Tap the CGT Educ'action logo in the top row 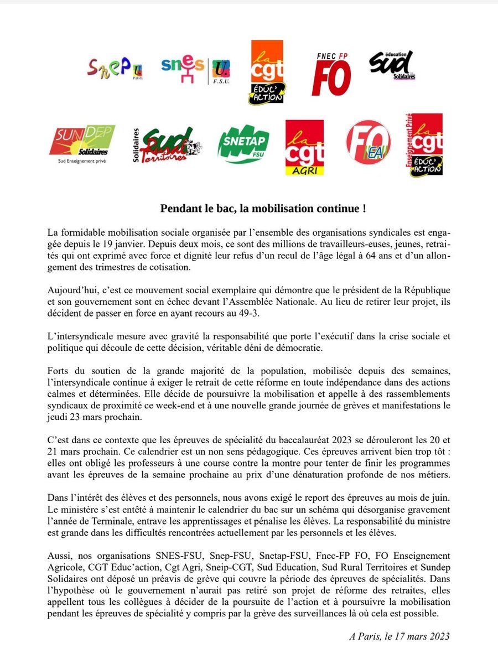tap(267, 71)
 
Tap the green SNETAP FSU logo tap(244, 144)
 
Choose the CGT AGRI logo tap(304, 147)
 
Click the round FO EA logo tap(369, 143)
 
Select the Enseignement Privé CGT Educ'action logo tap(424, 145)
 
